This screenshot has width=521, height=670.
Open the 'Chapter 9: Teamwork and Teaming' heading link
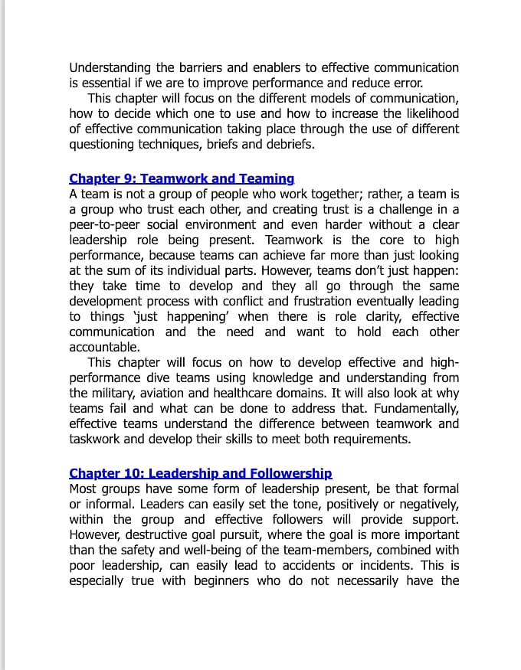coord(182,178)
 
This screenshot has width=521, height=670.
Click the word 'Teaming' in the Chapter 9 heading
coord(267,178)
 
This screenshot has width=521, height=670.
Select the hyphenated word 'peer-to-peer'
coord(106,224)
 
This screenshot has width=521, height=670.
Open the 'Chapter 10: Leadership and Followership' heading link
coord(201,473)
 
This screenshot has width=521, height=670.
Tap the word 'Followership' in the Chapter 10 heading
coord(291,473)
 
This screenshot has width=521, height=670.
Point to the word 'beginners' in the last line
coord(221,580)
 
